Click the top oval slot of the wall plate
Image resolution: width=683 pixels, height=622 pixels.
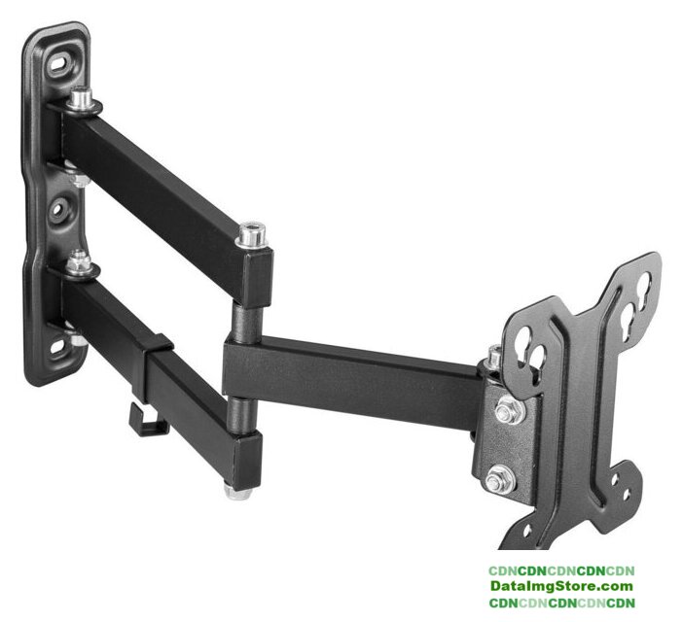point(59,64)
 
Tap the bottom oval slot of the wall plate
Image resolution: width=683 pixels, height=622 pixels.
point(58,347)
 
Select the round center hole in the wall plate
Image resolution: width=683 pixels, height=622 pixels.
point(57,210)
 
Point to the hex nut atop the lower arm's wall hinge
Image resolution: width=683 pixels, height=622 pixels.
point(79,262)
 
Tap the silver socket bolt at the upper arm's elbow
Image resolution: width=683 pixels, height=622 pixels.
point(251,235)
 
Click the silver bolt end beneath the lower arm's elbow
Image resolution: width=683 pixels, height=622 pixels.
point(238,491)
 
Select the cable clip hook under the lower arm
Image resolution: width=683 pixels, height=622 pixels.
point(147,421)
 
